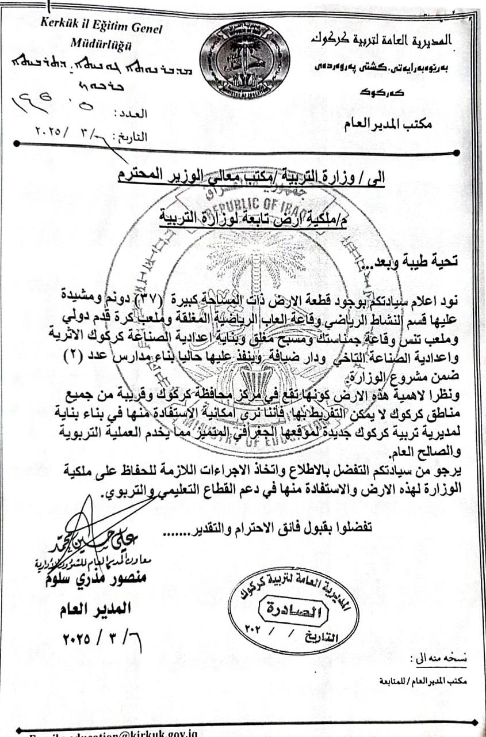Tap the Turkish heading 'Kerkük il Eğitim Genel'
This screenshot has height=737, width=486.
pyautogui.click(x=101, y=28)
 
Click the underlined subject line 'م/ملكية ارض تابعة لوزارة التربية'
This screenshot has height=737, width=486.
pyautogui.click(x=254, y=217)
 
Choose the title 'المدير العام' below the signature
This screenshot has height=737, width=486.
pyautogui.click(x=96, y=608)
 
